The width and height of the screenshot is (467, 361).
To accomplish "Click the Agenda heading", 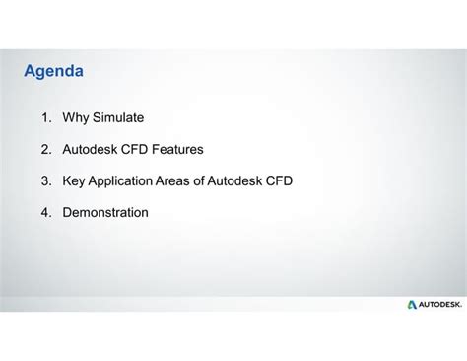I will point(53,72).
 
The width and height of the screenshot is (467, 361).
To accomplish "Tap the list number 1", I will point(45,118).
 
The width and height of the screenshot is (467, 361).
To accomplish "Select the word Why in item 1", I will point(76,118).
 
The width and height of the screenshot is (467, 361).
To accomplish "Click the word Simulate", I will point(118,118).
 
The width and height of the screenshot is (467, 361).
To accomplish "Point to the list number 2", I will point(45,150).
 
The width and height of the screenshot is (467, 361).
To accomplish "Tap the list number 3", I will point(45,181).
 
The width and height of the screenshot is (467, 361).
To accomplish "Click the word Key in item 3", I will point(75,181).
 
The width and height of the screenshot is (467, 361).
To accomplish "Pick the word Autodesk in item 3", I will point(235,181).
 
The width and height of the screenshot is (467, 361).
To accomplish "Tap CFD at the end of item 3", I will point(279,181).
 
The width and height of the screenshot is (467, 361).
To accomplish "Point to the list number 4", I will point(45,212).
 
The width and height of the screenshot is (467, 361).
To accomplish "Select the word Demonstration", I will point(105,212).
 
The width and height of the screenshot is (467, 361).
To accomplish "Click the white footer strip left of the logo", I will point(197,305).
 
